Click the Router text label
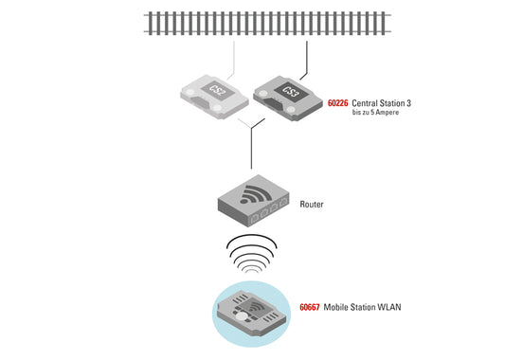(312, 204)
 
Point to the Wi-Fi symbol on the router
(252, 196)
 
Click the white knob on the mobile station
(244, 317)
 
